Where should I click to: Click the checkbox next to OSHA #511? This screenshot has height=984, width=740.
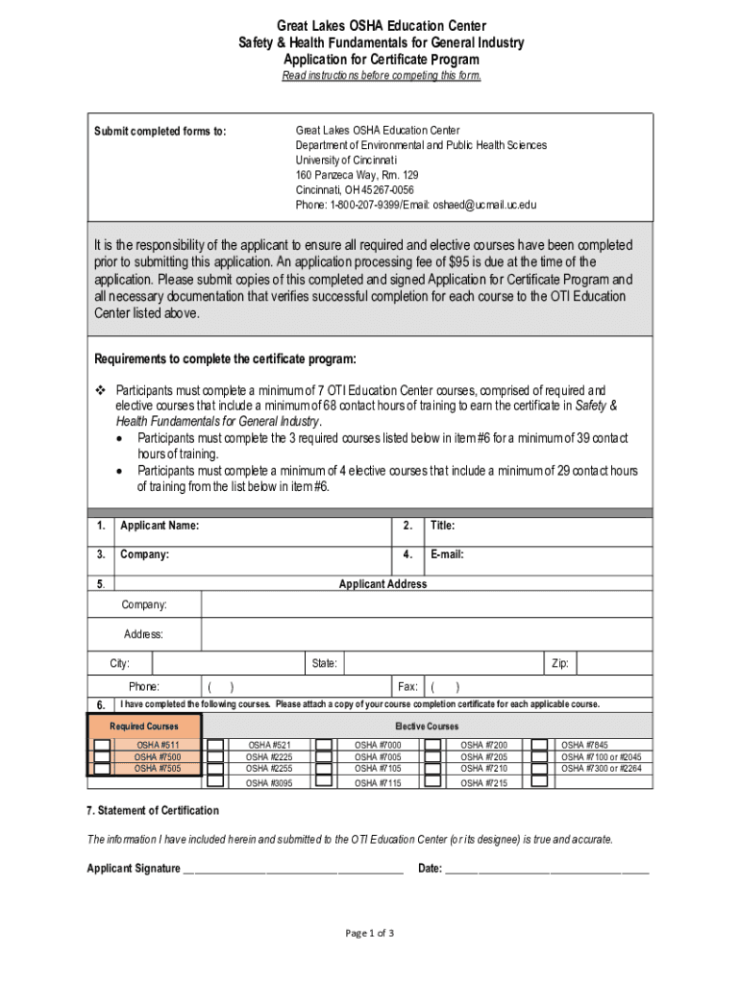click(x=101, y=746)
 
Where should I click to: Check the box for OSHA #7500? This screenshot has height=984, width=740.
click(x=101, y=757)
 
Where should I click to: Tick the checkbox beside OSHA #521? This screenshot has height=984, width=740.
click(x=216, y=746)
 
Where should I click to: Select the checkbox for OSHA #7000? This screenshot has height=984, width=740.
click(x=325, y=746)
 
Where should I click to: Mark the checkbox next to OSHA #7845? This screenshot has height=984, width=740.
click(x=540, y=746)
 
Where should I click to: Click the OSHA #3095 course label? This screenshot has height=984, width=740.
click(x=270, y=783)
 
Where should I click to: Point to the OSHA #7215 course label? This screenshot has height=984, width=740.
click(x=484, y=783)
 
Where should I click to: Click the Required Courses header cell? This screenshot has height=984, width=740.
click(x=144, y=726)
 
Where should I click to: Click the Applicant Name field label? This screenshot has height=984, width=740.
click(x=160, y=526)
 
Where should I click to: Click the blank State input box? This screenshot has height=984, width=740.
click(x=441, y=664)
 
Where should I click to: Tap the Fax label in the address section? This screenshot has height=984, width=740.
click(x=407, y=687)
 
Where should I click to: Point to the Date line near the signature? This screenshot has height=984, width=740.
click(x=547, y=870)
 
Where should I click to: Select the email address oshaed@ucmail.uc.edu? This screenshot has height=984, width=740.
click(x=485, y=205)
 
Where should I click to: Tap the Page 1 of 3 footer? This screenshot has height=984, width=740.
click(x=370, y=933)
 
